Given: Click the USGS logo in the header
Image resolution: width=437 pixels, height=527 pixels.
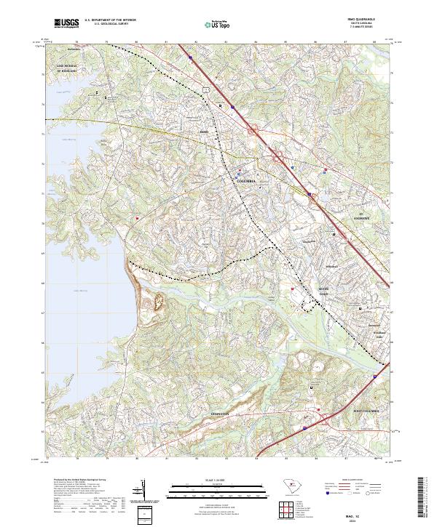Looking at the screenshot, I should (x=66, y=24).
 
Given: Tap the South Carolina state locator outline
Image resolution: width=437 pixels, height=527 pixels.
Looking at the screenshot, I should (x=289, y=488).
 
